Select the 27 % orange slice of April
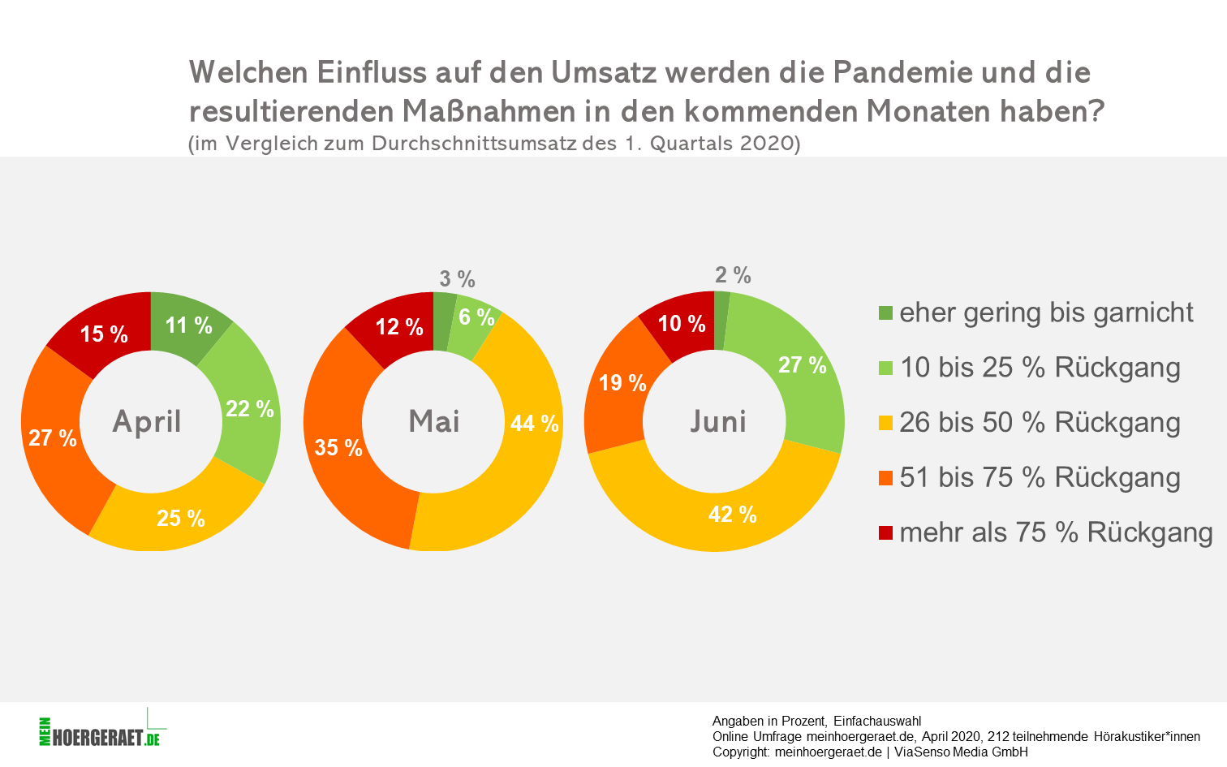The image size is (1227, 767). pyautogui.click(x=53, y=438)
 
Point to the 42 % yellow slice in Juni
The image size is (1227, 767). pyautogui.click(x=732, y=515)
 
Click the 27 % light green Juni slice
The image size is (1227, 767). pyautogui.click(x=802, y=365)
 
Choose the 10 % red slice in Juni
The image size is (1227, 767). pyautogui.click(x=681, y=324)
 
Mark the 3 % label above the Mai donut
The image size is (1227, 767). pyautogui.click(x=457, y=279)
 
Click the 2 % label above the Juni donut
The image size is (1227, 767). pyautogui.click(x=733, y=275)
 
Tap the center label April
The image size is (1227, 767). pyautogui.click(x=147, y=422)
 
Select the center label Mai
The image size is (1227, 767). pyautogui.click(x=434, y=422)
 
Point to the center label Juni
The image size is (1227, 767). pyautogui.click(x=717, y=422)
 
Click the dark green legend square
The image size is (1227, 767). pyautogui.click(x=885, y=313)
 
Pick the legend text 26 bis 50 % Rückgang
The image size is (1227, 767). pyautogui.click(x=1040, y=423)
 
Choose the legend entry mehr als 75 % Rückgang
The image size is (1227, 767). pyautogui.click(x=1056, y=533)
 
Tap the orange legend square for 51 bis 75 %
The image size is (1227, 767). pyautogui.click(x=885, y=478)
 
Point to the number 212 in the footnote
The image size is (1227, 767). pyautogui.click(x=997, y=737)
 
